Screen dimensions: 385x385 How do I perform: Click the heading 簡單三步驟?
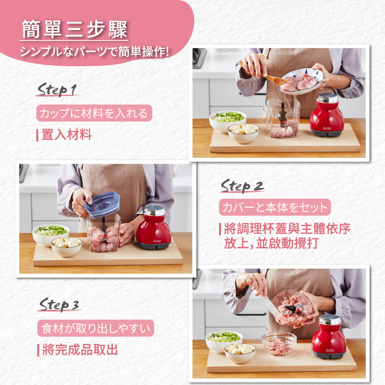[x=74, y=29]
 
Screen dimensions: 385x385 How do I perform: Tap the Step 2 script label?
[x=242, y=186]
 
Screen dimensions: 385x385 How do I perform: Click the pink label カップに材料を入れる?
[x=94, y=114]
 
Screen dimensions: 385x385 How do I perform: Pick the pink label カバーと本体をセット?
[x=275, y=208]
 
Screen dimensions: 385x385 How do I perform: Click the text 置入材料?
[x=66, y=135]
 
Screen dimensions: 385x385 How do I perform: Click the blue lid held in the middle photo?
[x=102, y=204]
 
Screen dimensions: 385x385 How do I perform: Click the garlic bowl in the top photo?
[x=243, y=133]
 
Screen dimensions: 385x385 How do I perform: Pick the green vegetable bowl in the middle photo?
[x=50, y=233]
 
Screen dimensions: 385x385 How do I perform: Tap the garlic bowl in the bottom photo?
[x=239, y=353]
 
